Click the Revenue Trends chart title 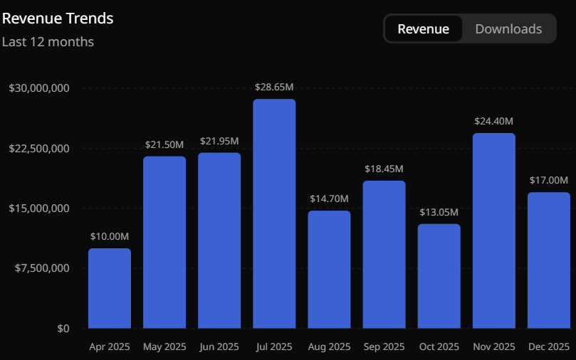(58, 18)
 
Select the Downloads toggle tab (508, 29)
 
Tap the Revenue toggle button (423, 29)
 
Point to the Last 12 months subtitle (48, 42)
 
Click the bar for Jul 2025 (274, 213)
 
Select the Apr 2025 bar (110, 288)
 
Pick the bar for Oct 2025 (439, 276)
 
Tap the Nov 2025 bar (493, 231)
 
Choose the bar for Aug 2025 (329, 269)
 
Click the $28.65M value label (274, 87)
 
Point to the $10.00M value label (110, 236)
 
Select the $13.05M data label (439, 212)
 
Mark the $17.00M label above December (548, 180)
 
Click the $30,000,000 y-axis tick (39, 88)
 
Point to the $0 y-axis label (63, 328)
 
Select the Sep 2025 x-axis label (384, 347)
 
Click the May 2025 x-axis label (164, 347)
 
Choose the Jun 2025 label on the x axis (219, 347)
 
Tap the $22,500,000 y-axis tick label (39, 148)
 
